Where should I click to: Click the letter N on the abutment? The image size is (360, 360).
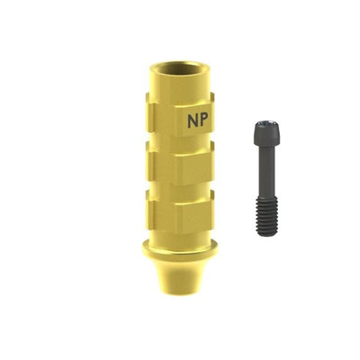tap(192, 121)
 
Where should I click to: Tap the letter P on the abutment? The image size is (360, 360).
tap(202, 121)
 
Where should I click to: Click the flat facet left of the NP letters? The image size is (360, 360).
tap(165, 119)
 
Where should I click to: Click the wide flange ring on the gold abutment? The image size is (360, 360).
tap(179, 249)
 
